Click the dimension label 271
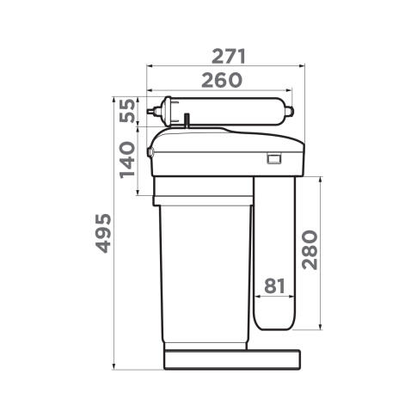click(229, 57)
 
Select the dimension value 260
click(222, 80)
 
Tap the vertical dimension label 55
click(127, 110)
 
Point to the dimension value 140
click(127, 160)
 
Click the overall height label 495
click(103, 233)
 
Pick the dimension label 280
click(310, 249)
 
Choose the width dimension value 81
click(274, 285)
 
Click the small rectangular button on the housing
click(273, 158)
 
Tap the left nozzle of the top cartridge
click(152, 111)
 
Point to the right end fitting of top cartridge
click(289, 110)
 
